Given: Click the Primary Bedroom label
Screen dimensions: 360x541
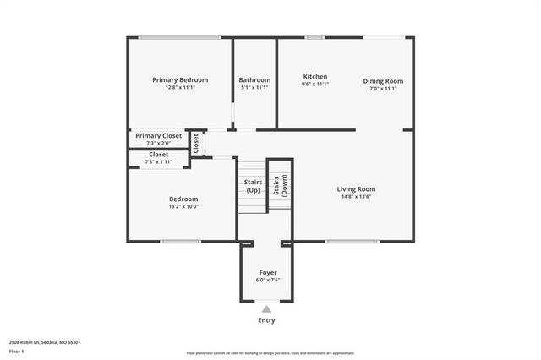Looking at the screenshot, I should pos(180,80).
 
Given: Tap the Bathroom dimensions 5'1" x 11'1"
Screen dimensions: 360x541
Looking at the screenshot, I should pos(254,88).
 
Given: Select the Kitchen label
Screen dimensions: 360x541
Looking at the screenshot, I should pos(315,76).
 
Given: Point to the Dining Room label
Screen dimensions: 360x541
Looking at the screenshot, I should pos(383,81).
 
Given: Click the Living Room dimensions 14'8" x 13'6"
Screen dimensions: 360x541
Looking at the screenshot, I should pos(356,197).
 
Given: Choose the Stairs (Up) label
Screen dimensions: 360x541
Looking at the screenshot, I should pos(253,186).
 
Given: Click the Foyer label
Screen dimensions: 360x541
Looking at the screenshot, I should pos(268,272).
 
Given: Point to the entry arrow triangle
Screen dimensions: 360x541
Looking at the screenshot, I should pos(267,309).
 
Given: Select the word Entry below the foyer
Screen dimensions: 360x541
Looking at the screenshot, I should pos(267,320).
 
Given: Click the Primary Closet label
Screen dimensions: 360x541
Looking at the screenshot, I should pos(159,135).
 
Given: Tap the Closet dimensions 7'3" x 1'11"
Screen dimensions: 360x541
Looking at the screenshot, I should pos(158,162).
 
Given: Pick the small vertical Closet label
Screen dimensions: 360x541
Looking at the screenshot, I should pos(195,143).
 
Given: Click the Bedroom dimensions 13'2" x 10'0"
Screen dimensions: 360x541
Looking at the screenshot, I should pos(183,207).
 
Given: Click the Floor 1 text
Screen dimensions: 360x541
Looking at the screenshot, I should pos(17,351).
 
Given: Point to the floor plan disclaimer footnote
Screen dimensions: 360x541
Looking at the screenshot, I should pos(270,353).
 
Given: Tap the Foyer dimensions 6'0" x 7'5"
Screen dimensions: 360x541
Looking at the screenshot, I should pos(268,280).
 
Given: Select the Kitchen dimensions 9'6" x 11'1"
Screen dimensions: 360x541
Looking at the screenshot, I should pos(315,84).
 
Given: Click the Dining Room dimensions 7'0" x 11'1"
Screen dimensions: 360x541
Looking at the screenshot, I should pos(383,89).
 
